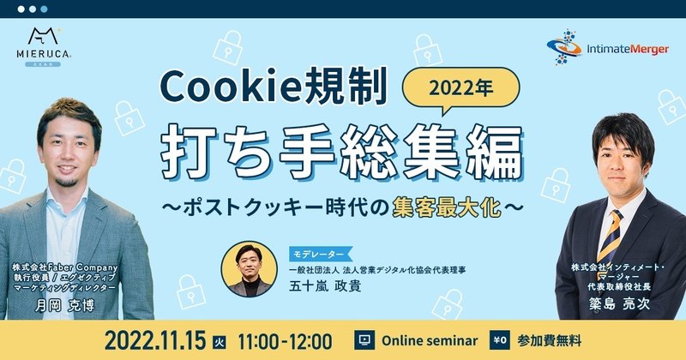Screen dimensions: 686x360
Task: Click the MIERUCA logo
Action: point(44,47)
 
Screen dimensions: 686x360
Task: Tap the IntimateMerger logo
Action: point(608,48)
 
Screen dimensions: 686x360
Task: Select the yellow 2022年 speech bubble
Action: point(460,90)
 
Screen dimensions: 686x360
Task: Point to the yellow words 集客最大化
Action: point(447,207)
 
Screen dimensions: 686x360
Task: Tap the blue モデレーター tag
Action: point(320,255)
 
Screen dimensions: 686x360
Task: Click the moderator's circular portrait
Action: point(249,269)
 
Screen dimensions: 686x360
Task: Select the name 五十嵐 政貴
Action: point(325,286)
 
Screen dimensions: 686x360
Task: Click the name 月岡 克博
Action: point(64,305)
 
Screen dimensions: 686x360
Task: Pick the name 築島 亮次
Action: point(618,303)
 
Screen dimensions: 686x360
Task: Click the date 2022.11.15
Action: point(155,340)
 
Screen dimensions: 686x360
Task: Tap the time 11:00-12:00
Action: point(285,341)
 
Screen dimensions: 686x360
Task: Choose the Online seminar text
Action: point(430,341)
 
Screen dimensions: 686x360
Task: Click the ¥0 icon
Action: point(500,340)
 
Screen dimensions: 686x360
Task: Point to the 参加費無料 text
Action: point(549,340)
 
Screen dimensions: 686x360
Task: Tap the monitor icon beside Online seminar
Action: point(364,340)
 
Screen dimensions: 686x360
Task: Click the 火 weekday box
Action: point(220,342)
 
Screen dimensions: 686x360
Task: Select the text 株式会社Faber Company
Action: point(65,267)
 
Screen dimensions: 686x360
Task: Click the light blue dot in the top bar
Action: point(44,9)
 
